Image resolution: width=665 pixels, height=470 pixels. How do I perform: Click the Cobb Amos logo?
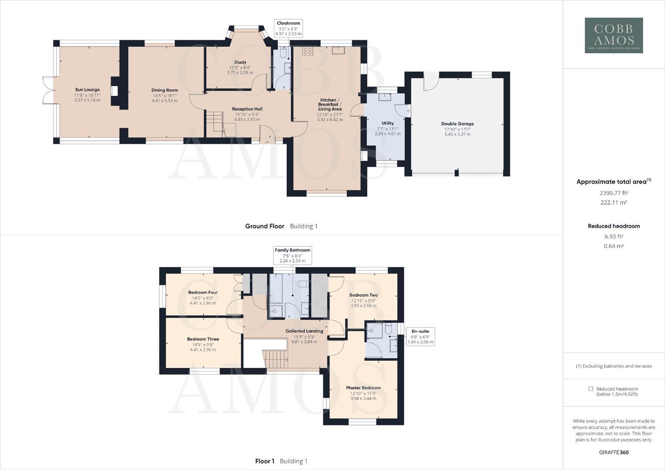(614, 35)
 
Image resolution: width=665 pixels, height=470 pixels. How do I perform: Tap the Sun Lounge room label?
(87, 90)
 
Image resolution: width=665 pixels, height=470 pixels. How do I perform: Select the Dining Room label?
(165, 91)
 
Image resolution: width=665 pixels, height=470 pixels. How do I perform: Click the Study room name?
(240, 62)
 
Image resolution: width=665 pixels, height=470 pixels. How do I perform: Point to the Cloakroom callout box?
(288, 28)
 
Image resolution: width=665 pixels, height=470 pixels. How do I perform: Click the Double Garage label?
(457, 124)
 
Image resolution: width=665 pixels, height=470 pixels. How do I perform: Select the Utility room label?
(388, 123)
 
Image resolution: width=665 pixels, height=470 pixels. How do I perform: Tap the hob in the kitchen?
(307, 51)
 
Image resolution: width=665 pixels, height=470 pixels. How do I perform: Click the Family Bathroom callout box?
(292, 255)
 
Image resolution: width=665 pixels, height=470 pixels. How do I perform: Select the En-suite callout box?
(420, 336)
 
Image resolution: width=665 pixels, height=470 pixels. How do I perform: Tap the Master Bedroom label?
(363, 388)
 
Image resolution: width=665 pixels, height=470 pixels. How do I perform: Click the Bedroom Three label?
(203, 339)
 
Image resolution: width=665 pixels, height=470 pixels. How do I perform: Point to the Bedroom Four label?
(203, 292)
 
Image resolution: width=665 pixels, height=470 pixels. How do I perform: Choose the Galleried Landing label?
(304, 331)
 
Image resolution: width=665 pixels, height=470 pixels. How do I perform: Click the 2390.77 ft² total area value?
(614, 193)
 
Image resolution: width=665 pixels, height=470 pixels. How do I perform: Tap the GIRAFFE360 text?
(614, 452)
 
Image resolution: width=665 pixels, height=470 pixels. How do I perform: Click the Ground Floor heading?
(264, 226)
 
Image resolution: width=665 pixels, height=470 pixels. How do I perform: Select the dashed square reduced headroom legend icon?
(591, 389)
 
